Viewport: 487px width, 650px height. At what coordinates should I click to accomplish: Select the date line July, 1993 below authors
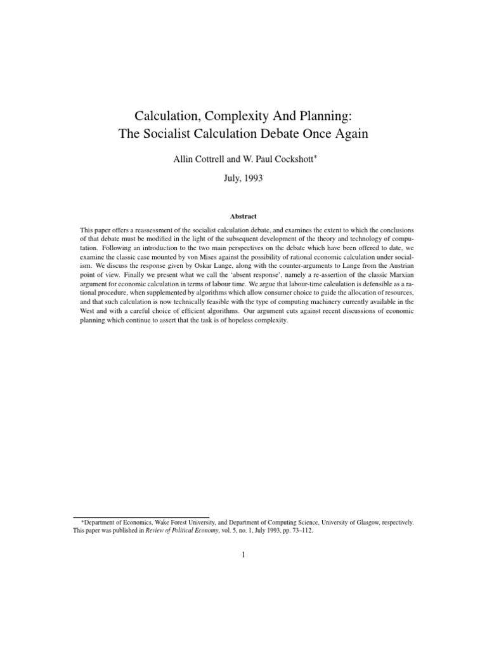[243, 178]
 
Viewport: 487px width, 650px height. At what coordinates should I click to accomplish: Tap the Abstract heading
[243, 216]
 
